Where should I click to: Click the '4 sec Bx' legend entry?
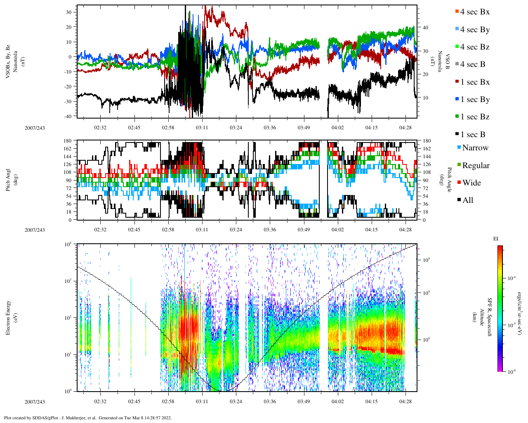click(474, 12)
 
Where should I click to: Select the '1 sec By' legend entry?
click(475, 100)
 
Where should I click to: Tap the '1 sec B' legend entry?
click(473, 135)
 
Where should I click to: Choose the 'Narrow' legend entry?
click(475, 148)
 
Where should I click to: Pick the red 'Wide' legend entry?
click(471, 183)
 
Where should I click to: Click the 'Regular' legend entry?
click(476, 166)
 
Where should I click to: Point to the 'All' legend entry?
click(467, 200)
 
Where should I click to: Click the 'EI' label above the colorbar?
click(496, 239)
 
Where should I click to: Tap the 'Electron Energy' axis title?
click(8, 317)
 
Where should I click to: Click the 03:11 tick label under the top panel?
click(202, 127)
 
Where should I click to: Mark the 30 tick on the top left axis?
click(69, 12)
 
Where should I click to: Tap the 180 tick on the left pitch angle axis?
click(68, 141)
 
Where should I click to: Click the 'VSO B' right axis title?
click(447, 62)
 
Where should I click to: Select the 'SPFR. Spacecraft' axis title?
click(490, 317)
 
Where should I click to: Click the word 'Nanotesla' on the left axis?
click(15, 62)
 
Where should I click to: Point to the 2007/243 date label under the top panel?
click(35, 128)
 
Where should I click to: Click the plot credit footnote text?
click(88, 418)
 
